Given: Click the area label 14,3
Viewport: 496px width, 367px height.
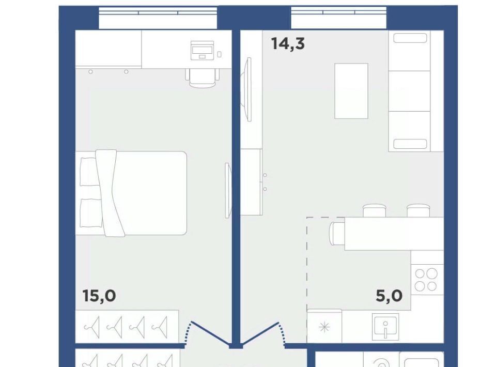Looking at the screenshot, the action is pyautogui.click(x=288, y=43).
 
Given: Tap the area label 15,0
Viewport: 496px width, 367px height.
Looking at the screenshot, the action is pyautogui.click(x=99, y=296).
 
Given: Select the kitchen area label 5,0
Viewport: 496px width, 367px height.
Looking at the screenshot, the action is pyautogui.click(x=389, y=296).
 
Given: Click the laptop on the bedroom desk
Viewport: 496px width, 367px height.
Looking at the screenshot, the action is pyautogui.click(x=202, y=50).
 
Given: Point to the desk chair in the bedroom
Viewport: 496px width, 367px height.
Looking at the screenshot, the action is pyautogui.click(x=203, y=78).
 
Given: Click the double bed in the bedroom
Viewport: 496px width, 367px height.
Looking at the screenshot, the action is pyautogui.click(x=131, y=193).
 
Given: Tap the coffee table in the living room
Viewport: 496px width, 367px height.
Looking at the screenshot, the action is pyautogui.click(x=351, y=91).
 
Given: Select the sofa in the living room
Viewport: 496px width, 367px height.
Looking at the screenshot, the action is pyautogui.click(x=415, y=91).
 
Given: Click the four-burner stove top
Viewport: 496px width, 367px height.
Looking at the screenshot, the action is pyautogui.click(x=426, y=280).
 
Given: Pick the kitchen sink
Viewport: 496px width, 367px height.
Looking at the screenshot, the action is pyautogui.click(x=385, y=327).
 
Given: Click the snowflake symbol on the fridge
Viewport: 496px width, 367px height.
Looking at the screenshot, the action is pyautogui.click(x=324, y=327).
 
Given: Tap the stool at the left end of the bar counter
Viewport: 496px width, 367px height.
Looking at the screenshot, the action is pyautogui.click(x=336, y=234).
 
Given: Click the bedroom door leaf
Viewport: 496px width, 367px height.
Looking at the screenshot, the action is pyautogui.click(x=210, y=333).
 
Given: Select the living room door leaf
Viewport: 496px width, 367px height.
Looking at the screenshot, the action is pyautogui.click(x=259, y=333).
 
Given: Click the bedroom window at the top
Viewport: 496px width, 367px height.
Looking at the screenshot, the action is pyautogui.click(x=158, y=18).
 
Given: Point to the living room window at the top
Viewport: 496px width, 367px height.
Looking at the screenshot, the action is pyautogui.click(x=338, y=18).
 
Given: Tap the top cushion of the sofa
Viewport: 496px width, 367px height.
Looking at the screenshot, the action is pyautogui.click(x=410, y=38).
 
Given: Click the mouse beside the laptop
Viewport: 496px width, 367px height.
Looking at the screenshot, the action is pyautogui.click(x=219, y=54).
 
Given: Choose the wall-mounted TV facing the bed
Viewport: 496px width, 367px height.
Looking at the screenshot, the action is pyautogui.click(x=228, y=190).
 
